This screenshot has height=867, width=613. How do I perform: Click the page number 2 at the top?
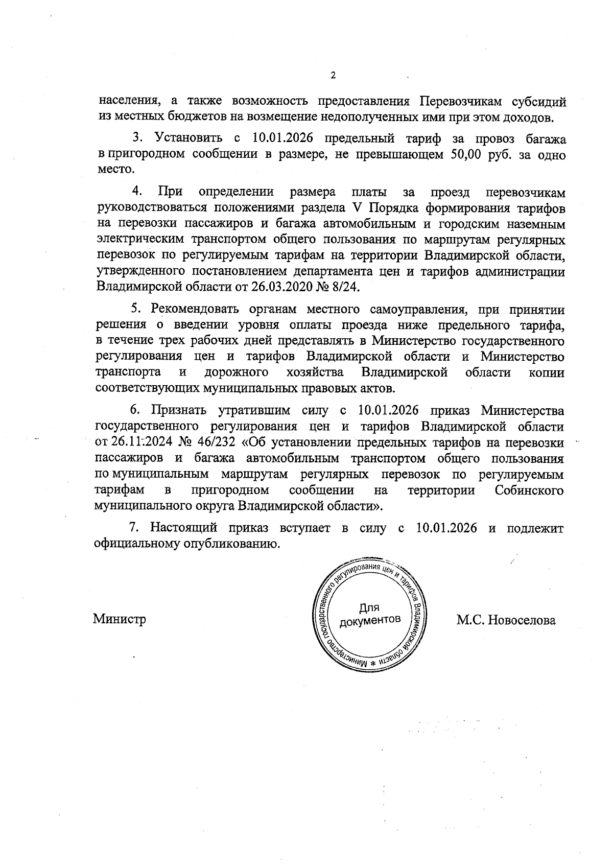(x=333, y=76)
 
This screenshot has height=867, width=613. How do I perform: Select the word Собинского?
(x=529, y=490)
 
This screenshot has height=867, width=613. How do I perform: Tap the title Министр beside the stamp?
(x=119, y=619)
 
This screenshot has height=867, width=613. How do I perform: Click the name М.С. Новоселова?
(x=506, y=620)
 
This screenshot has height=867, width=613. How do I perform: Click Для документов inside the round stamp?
(x=369, y=614)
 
